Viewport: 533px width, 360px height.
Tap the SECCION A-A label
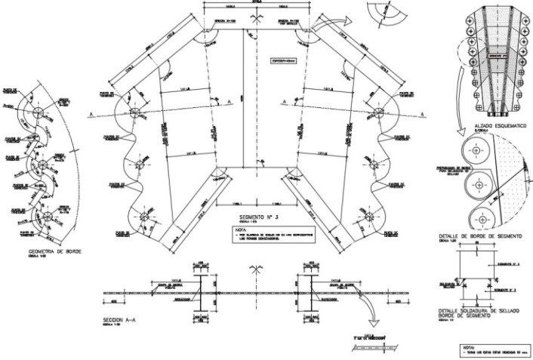click(x=119, y=319)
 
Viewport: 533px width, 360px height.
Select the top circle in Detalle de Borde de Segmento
click(x=474, y=150)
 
